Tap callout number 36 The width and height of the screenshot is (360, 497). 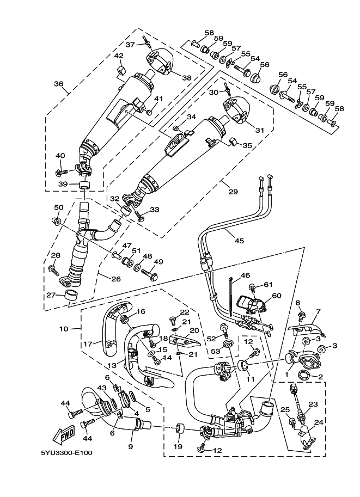tap(58, 84)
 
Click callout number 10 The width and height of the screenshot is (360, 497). tap(63, 329)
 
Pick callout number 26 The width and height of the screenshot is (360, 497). tap(114, 280)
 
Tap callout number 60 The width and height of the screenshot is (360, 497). tap(276, 296)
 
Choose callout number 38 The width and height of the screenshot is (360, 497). tap(186, 78)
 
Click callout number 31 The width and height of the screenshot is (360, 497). tap(259, 130)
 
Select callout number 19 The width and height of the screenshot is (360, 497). tap(178, 446)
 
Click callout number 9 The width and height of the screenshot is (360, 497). tap(131, 446)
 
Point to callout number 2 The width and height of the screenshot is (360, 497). tap(321, 377)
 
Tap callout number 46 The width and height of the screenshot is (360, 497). tap(245, 275)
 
